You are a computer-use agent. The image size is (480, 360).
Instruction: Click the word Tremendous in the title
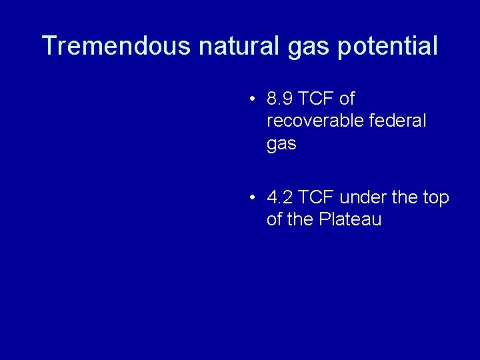117,46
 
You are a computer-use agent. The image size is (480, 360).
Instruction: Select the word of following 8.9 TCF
347,99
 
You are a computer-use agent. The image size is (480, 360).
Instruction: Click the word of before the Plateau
274,219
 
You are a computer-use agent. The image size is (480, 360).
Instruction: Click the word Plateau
350,219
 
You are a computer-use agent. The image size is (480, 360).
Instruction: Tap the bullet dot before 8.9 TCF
252,100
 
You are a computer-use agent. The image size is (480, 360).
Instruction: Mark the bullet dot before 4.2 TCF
252,198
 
